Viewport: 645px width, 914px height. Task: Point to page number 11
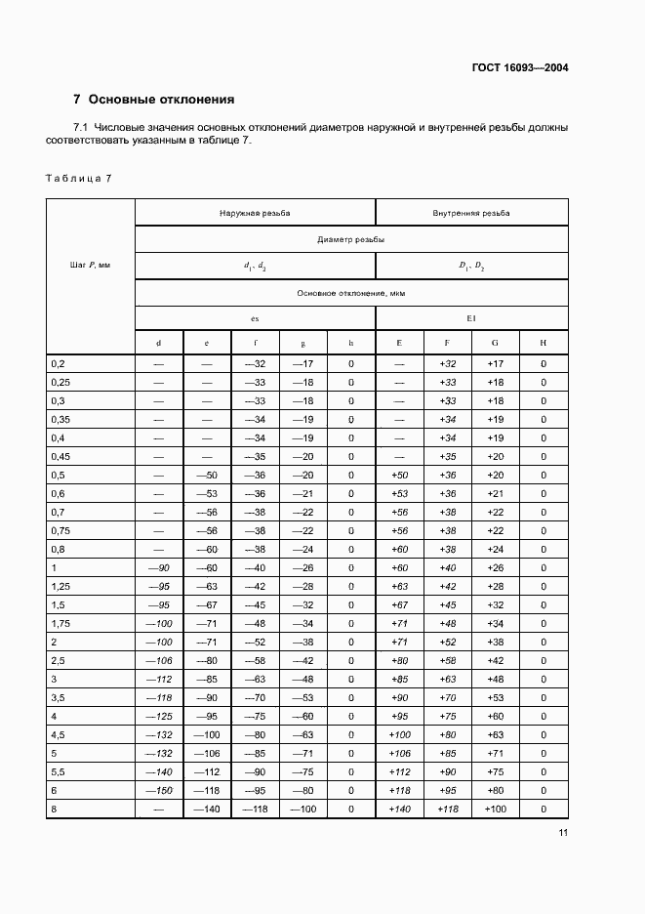tap(563, 833)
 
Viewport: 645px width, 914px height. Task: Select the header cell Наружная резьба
tap(255, 212)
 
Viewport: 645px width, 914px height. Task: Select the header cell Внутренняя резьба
tap(471, 212)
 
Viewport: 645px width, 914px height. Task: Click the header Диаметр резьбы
tap(351, 239)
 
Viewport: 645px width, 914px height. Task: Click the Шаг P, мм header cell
tap(90, 266)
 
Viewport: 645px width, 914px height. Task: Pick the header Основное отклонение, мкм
tap(351, 293)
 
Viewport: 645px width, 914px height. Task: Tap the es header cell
tap(255, 319)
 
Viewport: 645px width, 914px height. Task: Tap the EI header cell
tap(471, 319)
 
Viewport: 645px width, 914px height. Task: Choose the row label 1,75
tap(60, 622)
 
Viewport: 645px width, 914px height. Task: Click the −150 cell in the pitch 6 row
tap(158, 789)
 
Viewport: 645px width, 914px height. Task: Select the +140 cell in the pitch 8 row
tap(399, 810)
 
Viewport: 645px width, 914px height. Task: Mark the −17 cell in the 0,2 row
tap(302, 364)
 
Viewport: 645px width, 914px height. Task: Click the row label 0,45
tap(60, 456)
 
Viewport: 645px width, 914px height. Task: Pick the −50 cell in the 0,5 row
tap(207, 475)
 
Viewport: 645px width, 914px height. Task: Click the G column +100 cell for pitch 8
tap(495, 810)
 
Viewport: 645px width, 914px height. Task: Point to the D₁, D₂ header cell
tap(471, 266)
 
